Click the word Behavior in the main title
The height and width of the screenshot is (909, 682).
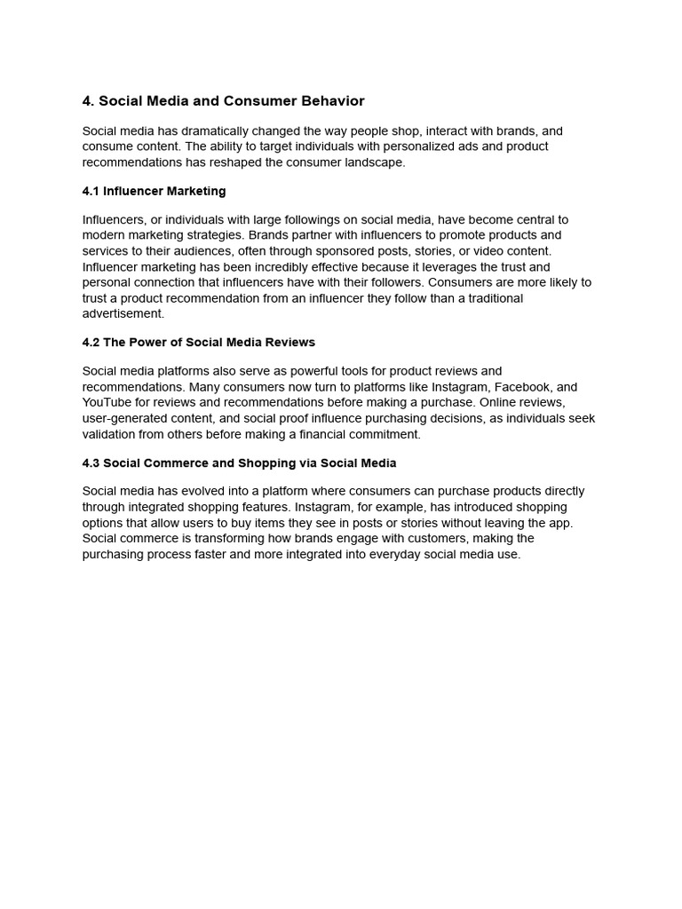point(334,101)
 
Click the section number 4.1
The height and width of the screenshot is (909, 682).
point(91,191)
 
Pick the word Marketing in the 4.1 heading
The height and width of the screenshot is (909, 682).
point(197,191)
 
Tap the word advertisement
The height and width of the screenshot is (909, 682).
point(123,314)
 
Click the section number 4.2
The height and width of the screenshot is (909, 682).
point(91,343)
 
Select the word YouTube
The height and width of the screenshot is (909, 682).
point(107,403)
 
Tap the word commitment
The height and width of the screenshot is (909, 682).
point(385,435)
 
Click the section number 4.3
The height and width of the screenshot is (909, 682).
point(91,463)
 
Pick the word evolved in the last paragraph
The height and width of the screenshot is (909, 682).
point(203,492)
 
